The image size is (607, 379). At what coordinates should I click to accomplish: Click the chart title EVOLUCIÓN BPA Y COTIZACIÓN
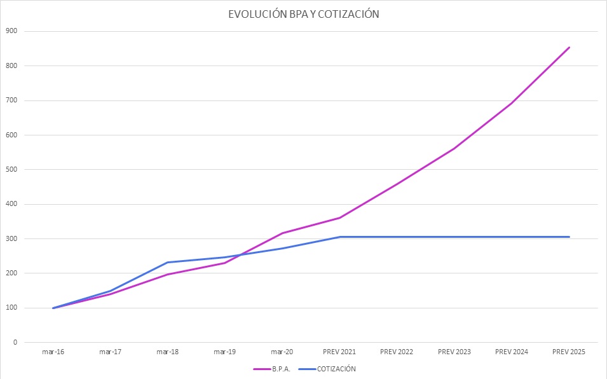(304, 14)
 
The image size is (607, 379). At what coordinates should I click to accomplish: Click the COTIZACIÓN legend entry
(338, 368)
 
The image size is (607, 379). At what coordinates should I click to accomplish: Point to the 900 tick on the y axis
(11, 31)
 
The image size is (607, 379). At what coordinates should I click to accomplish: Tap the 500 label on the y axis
(11, 170)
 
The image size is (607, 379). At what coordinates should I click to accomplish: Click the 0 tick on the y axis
(15, 343)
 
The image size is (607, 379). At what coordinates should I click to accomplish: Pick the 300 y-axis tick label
(11, 239)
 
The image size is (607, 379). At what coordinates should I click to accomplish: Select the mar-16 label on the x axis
(53, 352)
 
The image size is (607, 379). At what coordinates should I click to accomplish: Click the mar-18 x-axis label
(167, 352)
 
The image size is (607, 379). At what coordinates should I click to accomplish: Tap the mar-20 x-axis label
(282, 352)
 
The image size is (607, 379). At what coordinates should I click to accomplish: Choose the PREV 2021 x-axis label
(339, 352)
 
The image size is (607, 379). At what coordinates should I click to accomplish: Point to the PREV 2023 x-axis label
(454, 352)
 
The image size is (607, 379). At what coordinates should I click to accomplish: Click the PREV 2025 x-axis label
(569, 352)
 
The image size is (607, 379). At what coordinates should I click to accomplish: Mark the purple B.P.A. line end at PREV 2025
(569, 47)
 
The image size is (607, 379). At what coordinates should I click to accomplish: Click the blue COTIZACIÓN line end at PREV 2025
(569, 237)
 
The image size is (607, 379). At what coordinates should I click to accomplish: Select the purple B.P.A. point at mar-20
(282, 233)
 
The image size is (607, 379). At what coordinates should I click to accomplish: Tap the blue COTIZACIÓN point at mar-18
(167, 262)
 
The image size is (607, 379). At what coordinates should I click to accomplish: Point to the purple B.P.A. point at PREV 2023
(454, 149)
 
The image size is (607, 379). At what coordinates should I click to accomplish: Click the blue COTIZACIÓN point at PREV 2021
(339, 237)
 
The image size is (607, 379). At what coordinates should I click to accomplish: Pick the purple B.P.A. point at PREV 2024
(512, 103)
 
